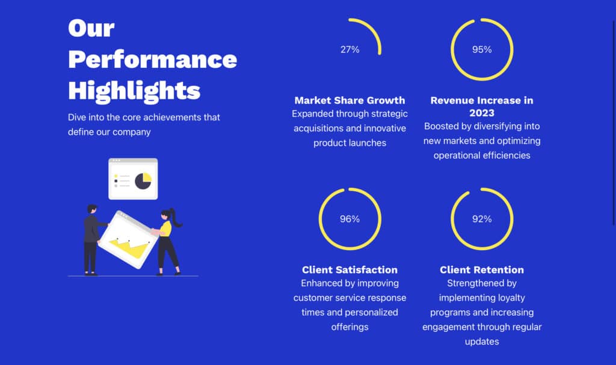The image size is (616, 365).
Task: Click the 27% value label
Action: coord(350,49)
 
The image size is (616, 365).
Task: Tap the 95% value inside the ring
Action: coord(482,49)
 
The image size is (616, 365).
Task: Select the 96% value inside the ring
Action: coord(350,219)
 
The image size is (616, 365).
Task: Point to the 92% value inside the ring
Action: coord(482,219)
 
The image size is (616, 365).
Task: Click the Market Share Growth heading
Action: coord(350,100)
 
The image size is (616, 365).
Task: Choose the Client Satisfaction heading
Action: coord(350,269)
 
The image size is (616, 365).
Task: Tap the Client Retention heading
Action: coord(482,269)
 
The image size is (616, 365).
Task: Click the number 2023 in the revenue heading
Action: coord(482,113)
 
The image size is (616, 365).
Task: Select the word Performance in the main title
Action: coord(152,60)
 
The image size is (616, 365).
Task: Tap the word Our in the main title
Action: coord(91,28)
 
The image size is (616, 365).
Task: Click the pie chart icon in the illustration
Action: coord(143,181)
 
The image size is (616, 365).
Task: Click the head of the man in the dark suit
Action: coord(92,209)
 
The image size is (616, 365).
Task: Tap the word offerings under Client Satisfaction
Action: coord(350,327)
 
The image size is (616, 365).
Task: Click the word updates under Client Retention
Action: coord(482,342)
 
